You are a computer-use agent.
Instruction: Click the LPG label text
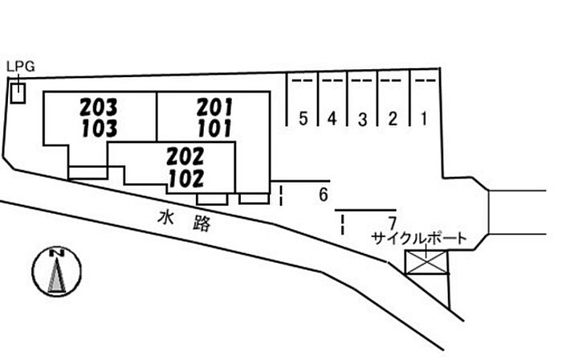21,67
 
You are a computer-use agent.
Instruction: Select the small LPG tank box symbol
18,93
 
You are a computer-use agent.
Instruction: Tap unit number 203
99,107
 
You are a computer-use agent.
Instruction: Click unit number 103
100,129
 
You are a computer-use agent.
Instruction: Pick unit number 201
214,107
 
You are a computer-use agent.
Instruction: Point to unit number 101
214,129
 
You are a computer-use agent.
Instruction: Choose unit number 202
185,157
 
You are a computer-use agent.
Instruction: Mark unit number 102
186,178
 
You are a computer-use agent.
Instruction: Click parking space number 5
303,119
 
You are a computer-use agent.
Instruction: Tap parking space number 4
332,119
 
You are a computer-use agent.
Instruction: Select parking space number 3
363,119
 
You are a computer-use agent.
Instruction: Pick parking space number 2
393,119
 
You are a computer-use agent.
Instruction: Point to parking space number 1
424,118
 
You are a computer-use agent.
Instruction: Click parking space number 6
324,194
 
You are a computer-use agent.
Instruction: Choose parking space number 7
393,223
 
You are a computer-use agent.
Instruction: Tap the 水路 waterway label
184,221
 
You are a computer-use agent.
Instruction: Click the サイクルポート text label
419,239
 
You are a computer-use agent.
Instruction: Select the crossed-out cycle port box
426,263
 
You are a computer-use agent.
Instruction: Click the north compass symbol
57,271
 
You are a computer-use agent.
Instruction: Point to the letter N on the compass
57,253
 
